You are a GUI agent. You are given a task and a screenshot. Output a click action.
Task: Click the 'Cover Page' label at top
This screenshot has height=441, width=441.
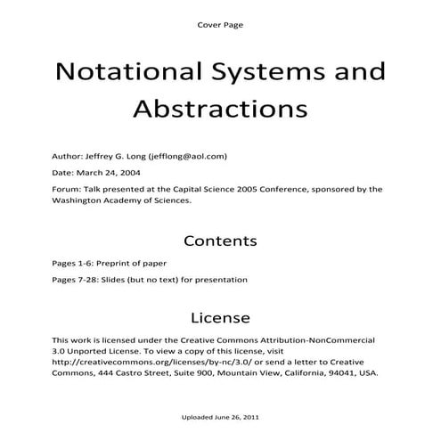point(219,24)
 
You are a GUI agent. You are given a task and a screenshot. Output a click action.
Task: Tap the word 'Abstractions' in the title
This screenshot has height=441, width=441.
point(219,108)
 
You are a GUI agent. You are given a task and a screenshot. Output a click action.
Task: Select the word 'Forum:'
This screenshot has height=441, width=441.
point(68,189)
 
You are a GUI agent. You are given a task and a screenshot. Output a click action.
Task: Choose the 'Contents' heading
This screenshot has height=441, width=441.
point(219,241)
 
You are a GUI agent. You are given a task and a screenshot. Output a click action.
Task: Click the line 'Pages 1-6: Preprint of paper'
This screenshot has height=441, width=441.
point(109,264)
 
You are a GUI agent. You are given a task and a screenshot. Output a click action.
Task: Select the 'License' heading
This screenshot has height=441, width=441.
point(219,317)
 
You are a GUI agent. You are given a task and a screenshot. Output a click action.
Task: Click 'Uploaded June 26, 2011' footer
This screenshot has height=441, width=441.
point(219,417)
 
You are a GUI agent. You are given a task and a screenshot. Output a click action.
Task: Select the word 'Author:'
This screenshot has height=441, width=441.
point(68,156)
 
